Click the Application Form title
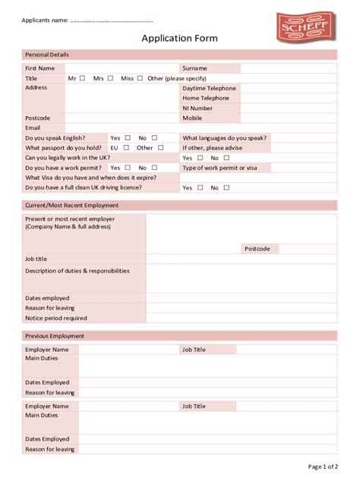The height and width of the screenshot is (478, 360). [x=179, y=38]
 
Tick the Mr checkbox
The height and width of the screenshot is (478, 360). [x=82, y=78]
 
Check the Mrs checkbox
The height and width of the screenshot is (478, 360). [x=110, y=78]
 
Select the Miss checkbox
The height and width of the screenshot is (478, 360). [x=141, y=78]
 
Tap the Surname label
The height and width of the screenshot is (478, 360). [x=194, y=68]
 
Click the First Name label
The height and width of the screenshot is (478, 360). [x=39, y=68]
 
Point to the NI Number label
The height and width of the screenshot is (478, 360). [x=197, y=108]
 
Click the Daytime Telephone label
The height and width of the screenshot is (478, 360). [x=209, y=88]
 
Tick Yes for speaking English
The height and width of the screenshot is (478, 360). [x=128, y=138]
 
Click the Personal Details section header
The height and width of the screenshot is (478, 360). [x=47, y=55]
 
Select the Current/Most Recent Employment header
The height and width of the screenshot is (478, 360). [x=71, y=205]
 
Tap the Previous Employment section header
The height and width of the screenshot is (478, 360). [x=55, y=336]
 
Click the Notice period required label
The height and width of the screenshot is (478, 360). [x=55, y=318]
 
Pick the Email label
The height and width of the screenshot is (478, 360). [x=33, y=127]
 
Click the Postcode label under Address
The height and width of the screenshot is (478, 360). [x=37, y=118]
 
